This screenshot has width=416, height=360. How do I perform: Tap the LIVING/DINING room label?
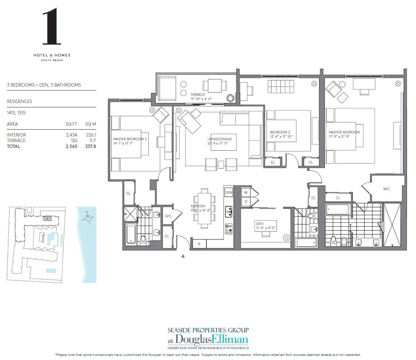(220, 139)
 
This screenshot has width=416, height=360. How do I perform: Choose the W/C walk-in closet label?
(386, 189)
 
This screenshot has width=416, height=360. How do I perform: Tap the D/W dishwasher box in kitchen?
(229, 192)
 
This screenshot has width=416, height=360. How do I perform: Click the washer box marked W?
(246, 192)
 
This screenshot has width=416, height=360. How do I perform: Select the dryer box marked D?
(246, 201)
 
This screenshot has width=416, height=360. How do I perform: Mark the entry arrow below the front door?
(183, 256)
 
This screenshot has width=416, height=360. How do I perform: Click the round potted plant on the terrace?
(231, 98)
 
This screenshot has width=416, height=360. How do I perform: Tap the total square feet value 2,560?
(71, 146)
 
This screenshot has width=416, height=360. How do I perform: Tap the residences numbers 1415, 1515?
(15, 113)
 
